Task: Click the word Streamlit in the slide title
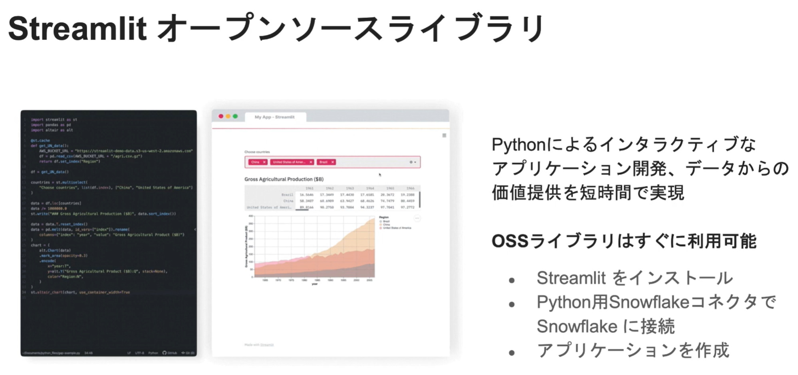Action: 77,29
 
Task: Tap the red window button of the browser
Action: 221,116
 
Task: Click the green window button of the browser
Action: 235,116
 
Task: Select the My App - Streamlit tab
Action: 275,117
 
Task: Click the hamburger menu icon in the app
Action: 444,136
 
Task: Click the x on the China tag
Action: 264,162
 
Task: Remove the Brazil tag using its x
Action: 332,162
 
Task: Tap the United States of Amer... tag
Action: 289,162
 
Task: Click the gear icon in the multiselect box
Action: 411,162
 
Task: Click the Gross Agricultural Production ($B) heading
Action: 284,180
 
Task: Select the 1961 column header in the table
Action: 310,188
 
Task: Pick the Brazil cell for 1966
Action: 407,195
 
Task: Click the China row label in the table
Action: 288,201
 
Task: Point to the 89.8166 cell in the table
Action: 306,207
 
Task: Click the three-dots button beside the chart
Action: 417,219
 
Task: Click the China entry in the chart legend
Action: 386,225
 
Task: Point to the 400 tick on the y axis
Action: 251,216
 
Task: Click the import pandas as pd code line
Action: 51,125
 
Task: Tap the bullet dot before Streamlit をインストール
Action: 512,281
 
